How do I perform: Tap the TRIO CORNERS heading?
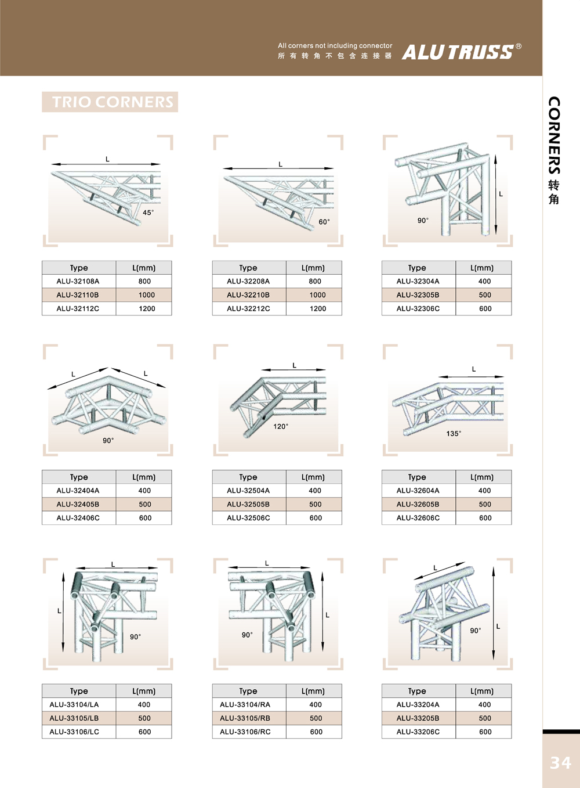110,102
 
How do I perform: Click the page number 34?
560,762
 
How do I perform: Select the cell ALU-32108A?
78,281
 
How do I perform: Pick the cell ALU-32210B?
248,295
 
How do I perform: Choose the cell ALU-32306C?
418,309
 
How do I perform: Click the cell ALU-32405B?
78,505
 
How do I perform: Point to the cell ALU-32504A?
248,491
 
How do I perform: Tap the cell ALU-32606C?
418,518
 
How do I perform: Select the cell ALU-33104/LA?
74,705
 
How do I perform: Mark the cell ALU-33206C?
418,732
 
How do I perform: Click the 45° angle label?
148,213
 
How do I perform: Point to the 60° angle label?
324,222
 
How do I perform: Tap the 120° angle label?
281,426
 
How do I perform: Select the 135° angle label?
454,434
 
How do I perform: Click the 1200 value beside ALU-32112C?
147,309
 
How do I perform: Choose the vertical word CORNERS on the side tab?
554,135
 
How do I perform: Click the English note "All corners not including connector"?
335,46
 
